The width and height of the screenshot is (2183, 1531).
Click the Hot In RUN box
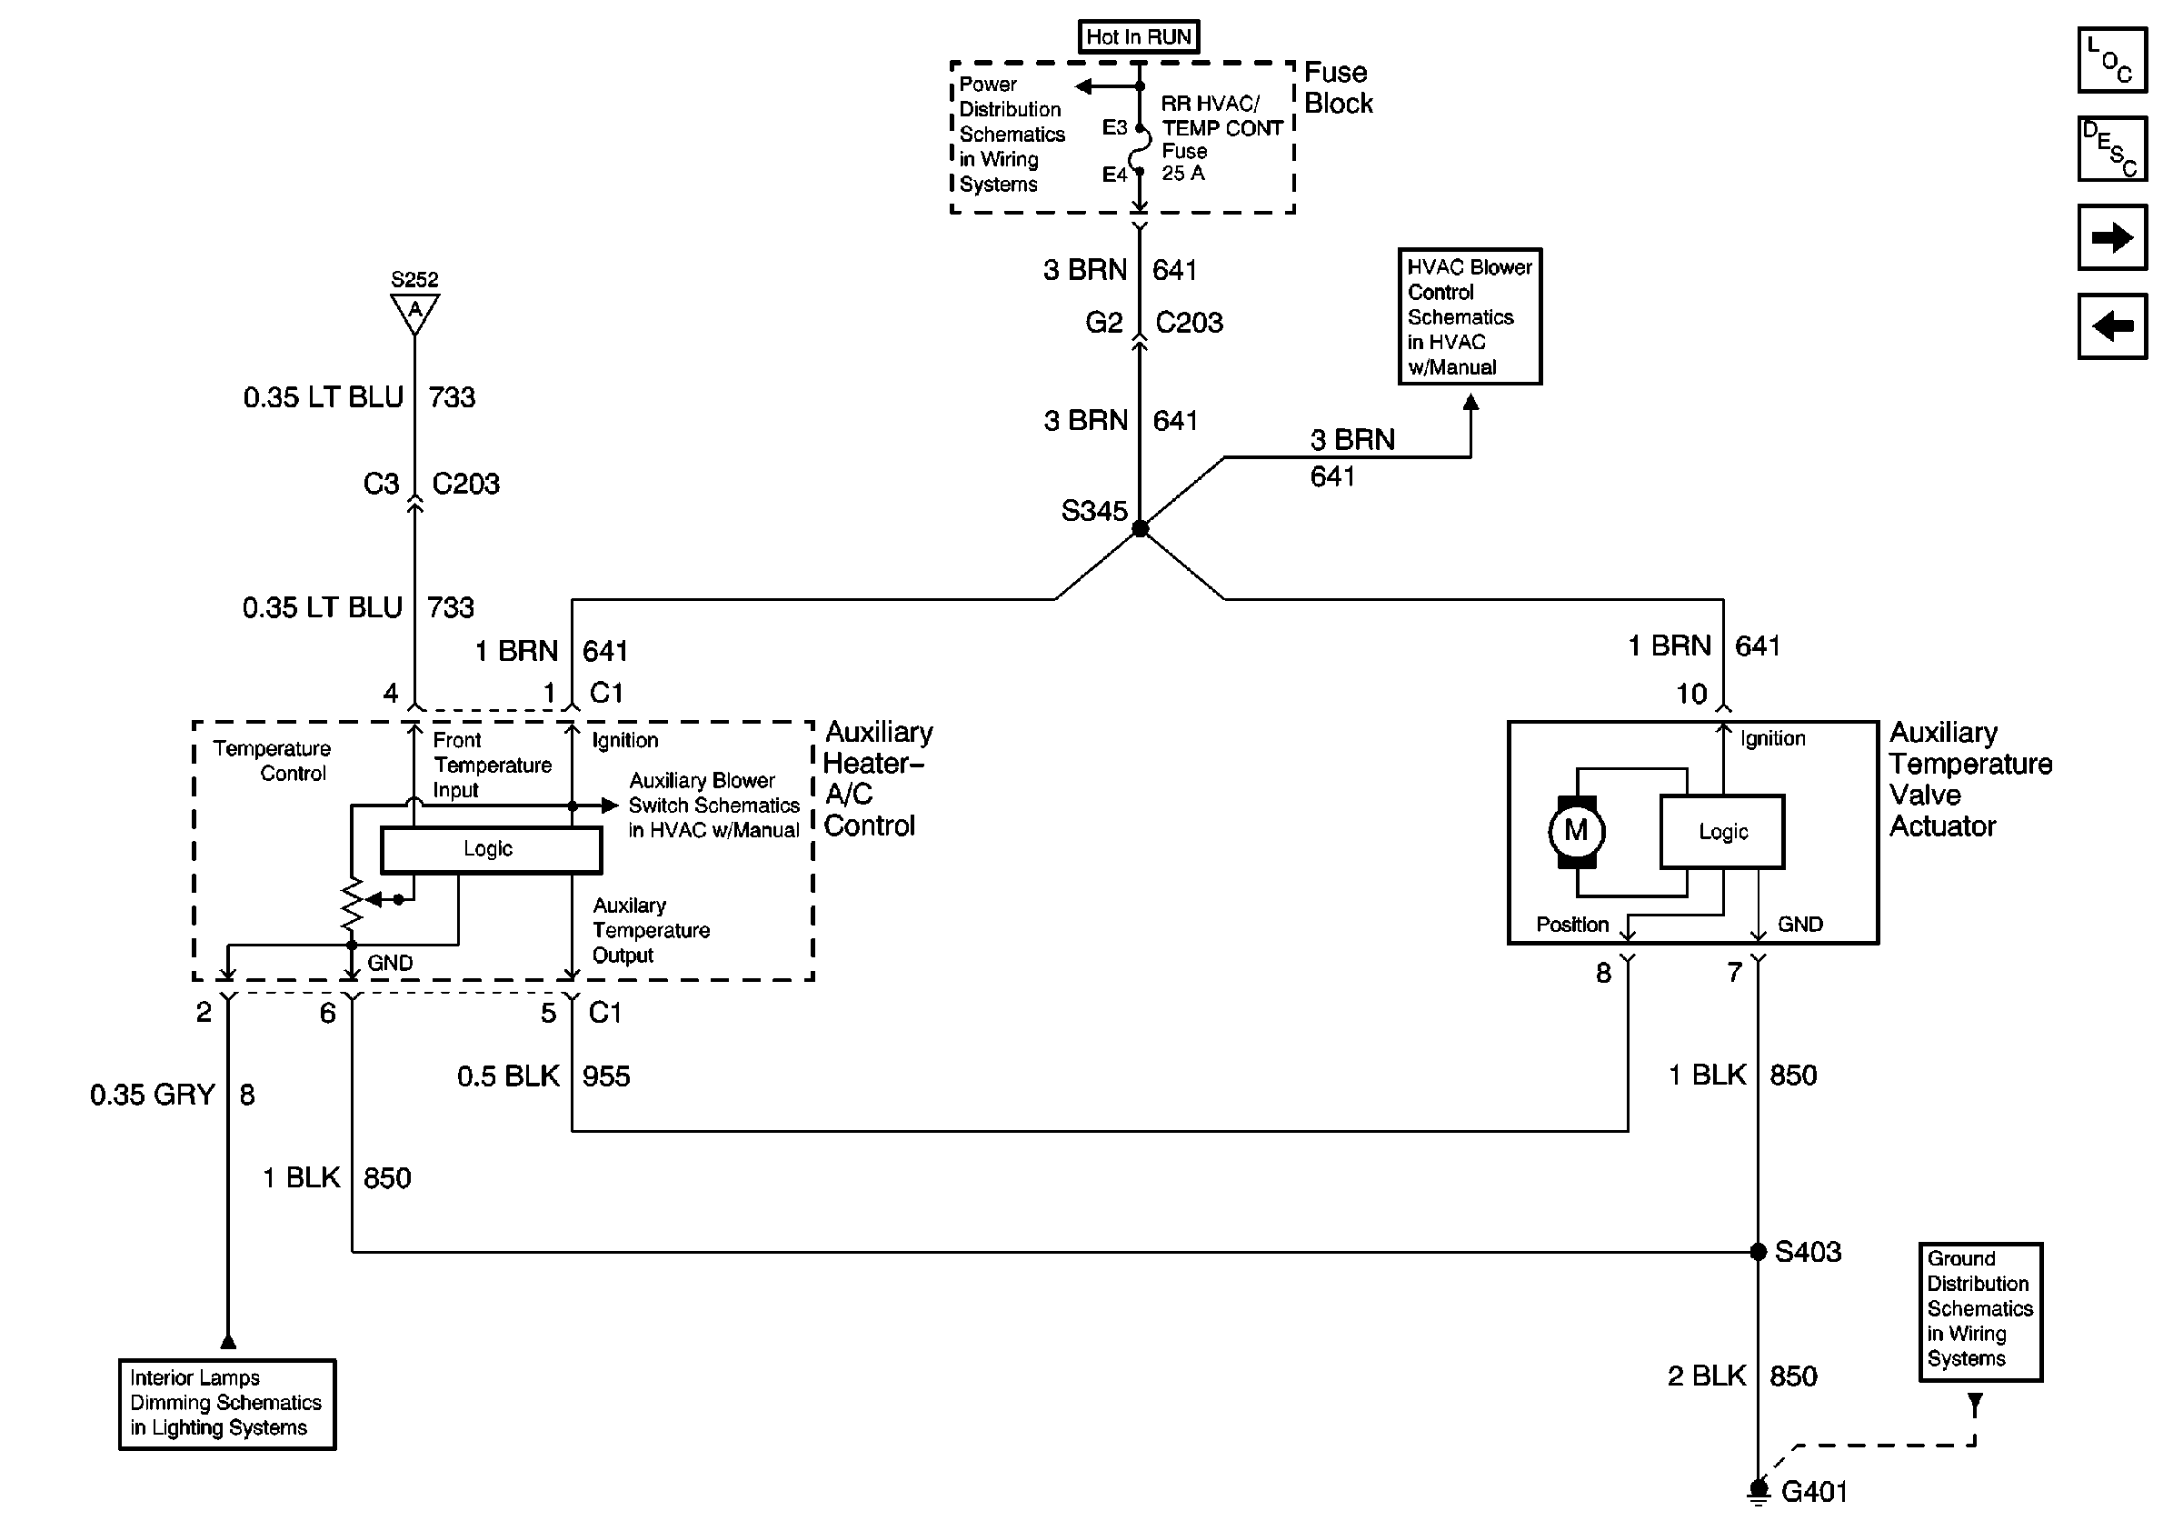[x=1138, y=37]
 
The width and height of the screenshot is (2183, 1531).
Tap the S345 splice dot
[x=1140, y=529]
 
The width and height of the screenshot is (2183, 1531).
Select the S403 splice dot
[x=1758, y=1251]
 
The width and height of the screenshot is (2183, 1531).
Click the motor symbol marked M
[x=1575, y=831]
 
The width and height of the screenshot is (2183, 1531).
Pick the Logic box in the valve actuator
[x=1722, y=832]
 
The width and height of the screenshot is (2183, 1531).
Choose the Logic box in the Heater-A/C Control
[x=491, y=849]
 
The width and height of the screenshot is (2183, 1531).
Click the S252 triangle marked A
[x=414, y=312]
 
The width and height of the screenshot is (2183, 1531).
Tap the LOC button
[x=2112, y=61]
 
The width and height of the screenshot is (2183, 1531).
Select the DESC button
[x=2112, y=148]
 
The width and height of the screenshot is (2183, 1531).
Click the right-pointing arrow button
[x=2112, y=236]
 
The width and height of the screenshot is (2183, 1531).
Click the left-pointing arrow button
[x=2112, y=326]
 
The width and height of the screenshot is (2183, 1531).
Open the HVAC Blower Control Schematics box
[x=1469, y=316]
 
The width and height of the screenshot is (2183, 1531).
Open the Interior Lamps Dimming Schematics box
[x=227, y=1404]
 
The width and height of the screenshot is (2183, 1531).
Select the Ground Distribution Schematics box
[x=1979, y=1310]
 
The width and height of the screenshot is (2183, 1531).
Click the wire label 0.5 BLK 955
[x=543, y=1076]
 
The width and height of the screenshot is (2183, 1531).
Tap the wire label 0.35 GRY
[x=153, y=1095]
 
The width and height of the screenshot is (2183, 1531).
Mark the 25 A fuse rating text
[x=1182, y=173]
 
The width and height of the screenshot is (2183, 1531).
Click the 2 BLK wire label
[x=1707, y=1376]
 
